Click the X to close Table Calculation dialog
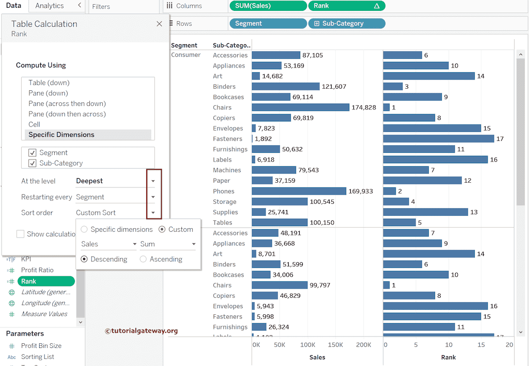coord(159,24)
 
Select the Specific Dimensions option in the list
coord(61,135)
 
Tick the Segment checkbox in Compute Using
coord(33,153)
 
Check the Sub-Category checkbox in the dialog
coord(33,163)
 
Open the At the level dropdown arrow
coord(153,181)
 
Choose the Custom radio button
coord(162,229)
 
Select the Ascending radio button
coord(144,259)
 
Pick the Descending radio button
coord(85,259)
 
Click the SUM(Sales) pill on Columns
coord(268,6)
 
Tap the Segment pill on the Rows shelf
coord(268,23)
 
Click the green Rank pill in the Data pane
coord(46,281)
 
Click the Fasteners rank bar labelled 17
coord(439,139)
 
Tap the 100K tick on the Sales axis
coord(308,345)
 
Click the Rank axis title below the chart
coord(448,357)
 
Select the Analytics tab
coord(50,6)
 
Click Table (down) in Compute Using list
coord(49,83)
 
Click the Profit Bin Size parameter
coord(41,346)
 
